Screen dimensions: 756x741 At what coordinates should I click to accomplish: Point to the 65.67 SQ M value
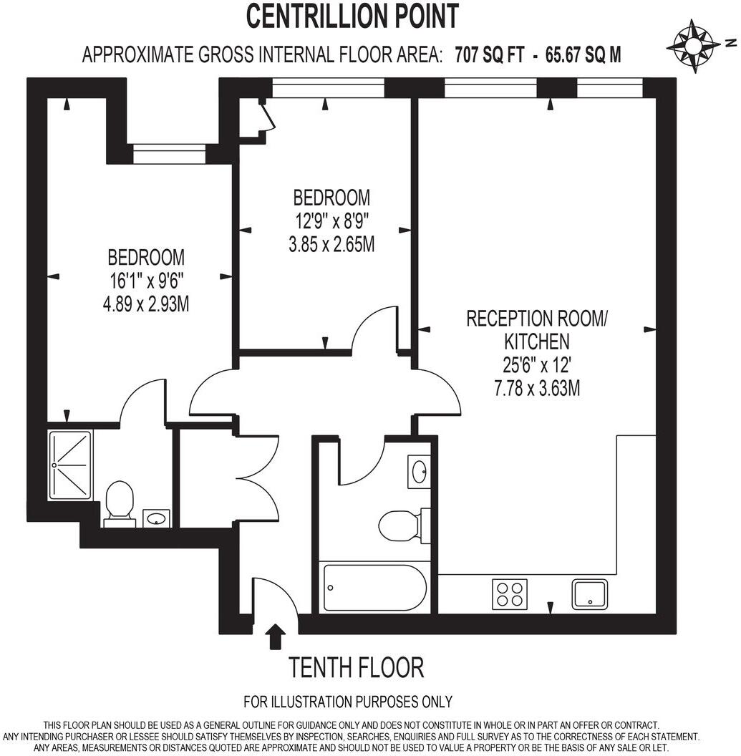coord(583,54)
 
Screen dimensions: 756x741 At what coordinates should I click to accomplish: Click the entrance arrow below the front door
coord(274,636)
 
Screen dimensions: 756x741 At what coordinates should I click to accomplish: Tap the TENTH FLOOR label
coord(356,668)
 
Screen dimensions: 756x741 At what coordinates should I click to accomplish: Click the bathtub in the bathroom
coord(374,588)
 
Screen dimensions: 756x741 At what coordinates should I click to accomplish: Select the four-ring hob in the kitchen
coord(510,593)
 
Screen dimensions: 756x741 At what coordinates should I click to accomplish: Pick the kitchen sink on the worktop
coord(589,593)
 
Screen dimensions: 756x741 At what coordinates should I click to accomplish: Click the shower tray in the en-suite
coord(70,465)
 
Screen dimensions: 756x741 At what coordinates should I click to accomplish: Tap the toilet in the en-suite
coord(120,502)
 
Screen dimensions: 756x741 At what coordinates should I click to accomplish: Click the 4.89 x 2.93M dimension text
coord(146,304)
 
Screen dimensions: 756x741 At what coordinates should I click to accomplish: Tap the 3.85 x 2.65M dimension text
coord(331,245)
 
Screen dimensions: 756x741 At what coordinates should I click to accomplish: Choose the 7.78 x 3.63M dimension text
coord(536,389)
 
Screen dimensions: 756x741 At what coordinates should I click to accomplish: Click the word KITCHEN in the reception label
coord(536,341)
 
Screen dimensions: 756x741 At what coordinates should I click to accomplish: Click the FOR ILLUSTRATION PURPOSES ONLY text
coord(348,701)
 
